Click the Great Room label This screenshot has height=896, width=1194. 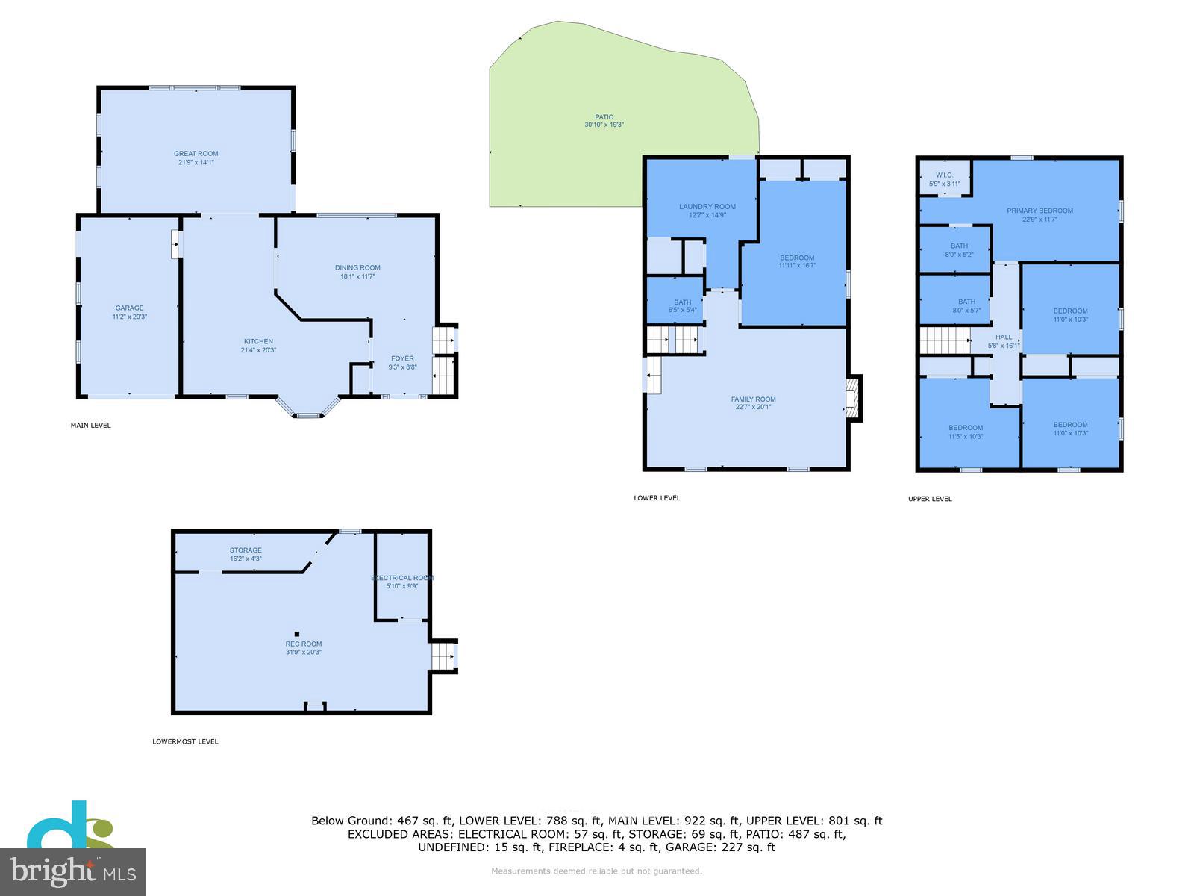point(196,154)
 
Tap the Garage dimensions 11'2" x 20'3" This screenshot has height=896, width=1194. point(129,317)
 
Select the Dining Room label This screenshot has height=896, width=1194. point(357,267)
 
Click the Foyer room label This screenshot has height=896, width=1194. point(402,358)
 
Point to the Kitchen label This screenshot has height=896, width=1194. point(258,341)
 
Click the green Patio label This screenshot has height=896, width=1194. point(604,117)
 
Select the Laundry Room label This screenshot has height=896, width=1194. point(707,207)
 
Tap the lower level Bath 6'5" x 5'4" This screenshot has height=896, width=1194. point(682,306)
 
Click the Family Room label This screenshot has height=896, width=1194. point(753,399)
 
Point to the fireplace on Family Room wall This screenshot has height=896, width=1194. point(853,398)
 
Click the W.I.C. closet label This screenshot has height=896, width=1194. point(944,175)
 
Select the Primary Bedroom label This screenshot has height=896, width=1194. point(1040,211)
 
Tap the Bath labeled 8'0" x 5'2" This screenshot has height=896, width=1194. point(959,250)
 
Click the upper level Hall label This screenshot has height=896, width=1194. point(1004,337)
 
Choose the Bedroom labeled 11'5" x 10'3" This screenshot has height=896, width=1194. point(966,432)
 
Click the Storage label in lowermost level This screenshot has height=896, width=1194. point(246,550)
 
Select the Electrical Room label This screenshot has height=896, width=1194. point(402,578)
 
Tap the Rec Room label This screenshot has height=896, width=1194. point(303,644)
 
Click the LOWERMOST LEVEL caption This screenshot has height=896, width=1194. point(185,741)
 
